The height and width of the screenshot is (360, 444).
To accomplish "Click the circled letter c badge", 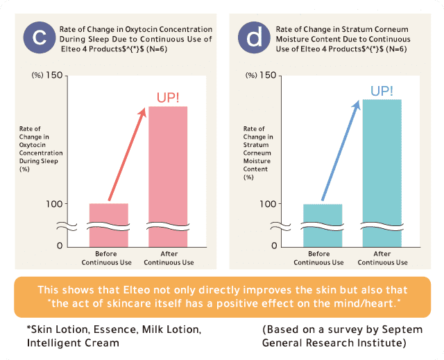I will pyautogui.click(x=40, y=37).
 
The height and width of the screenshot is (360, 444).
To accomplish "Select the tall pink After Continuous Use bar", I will pyautogui.click(x=168, y=176).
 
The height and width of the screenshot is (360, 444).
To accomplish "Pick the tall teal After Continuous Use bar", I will pyautogui.click(x=382, y=173).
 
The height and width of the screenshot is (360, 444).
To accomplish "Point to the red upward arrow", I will pyautogui.click(x=126, y=154).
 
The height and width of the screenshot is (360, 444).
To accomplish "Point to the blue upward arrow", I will pyautogui.click(x=341, y=151).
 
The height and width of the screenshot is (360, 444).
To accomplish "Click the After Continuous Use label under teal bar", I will pyautogui.click(x=382, y=258).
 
